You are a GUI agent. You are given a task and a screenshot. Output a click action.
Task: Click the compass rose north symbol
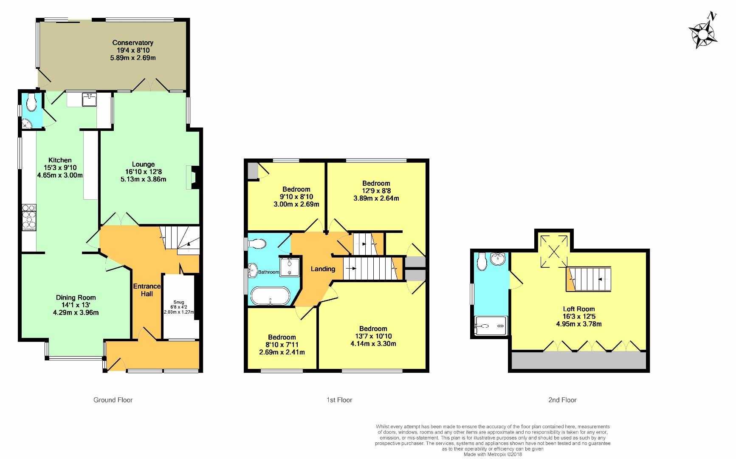703,32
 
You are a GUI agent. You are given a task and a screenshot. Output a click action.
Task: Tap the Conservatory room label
133,42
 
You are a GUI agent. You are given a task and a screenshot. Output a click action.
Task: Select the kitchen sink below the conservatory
90,100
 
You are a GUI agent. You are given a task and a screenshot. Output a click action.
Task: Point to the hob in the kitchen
29,217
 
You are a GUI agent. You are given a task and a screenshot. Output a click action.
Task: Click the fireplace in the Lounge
192,177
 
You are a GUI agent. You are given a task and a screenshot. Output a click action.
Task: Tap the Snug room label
179,302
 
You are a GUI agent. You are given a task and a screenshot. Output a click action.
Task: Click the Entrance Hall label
147,290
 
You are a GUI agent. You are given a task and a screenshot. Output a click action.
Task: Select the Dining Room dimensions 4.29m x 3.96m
76,312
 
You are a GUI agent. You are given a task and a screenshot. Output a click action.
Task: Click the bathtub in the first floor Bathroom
270,296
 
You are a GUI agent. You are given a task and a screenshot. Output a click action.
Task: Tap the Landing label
323,269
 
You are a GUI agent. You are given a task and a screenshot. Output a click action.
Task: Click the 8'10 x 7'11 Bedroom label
282,337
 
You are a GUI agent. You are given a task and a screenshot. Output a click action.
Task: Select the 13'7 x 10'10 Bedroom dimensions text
373,340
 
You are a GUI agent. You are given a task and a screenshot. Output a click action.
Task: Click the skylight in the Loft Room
554,251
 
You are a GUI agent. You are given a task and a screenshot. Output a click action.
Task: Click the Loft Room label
578,309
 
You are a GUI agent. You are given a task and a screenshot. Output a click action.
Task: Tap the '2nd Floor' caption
562,400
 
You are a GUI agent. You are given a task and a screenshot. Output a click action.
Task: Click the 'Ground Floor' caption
113,400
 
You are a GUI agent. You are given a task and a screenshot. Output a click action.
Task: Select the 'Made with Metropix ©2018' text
492,454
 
